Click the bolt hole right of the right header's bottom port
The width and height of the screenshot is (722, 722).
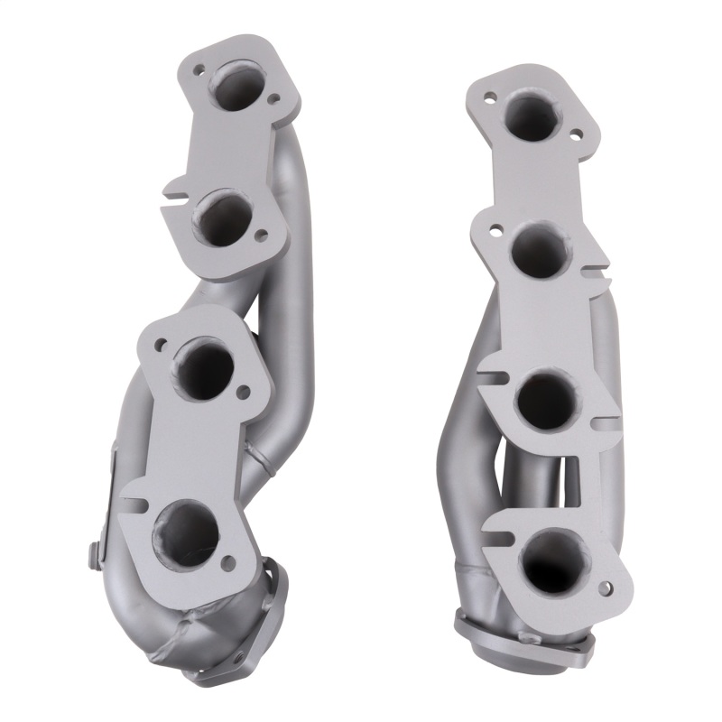click(603, 588)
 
